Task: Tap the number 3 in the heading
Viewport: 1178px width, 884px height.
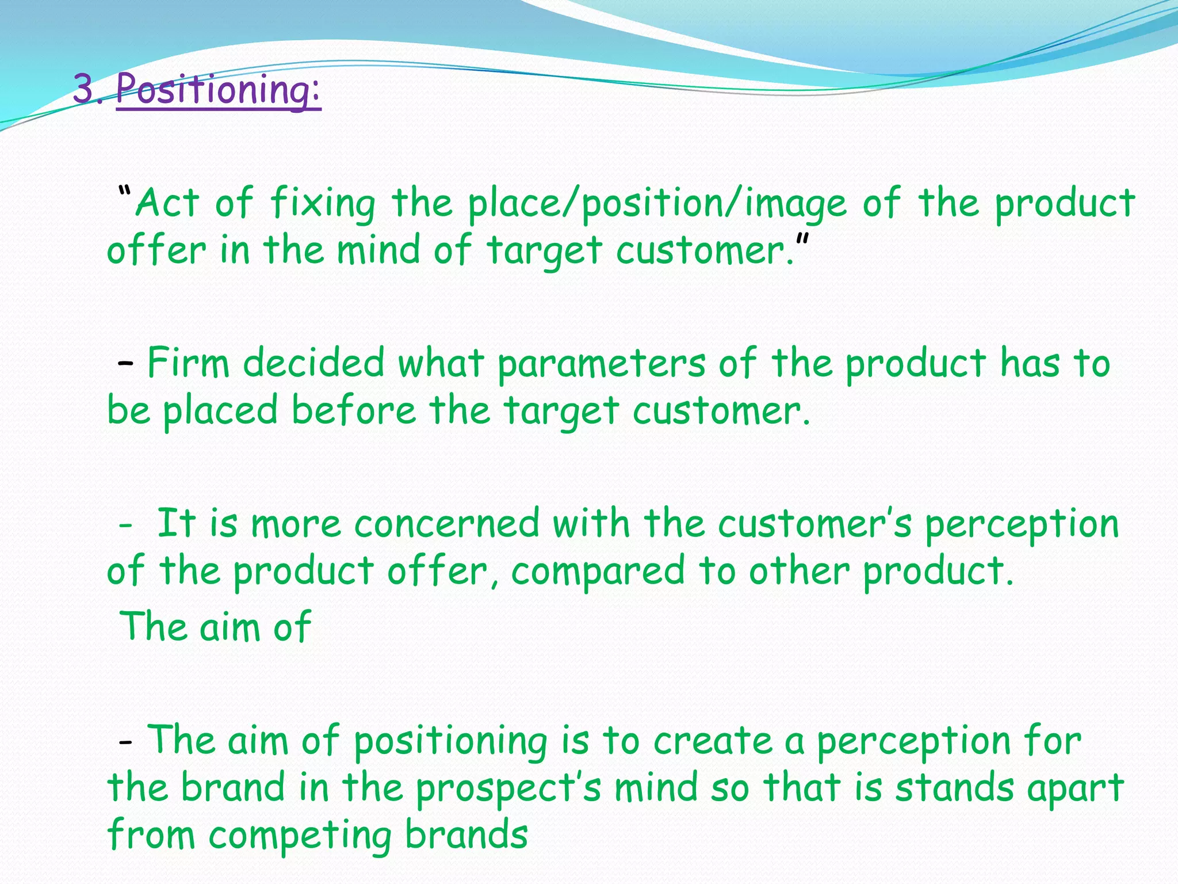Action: pyautogui.click(x=85, y=91)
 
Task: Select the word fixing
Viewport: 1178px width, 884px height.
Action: pyautogui.click(x=323, y=204)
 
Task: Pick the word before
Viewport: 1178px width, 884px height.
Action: pyautogui.click(x=353, y=411)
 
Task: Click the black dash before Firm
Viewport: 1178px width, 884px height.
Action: pyautogui.click(x=125, y=363)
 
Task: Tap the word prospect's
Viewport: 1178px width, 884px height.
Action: pyautogui.click(x=508, y=788)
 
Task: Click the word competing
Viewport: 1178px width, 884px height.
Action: pyautogui.click(x=300, y=836)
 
